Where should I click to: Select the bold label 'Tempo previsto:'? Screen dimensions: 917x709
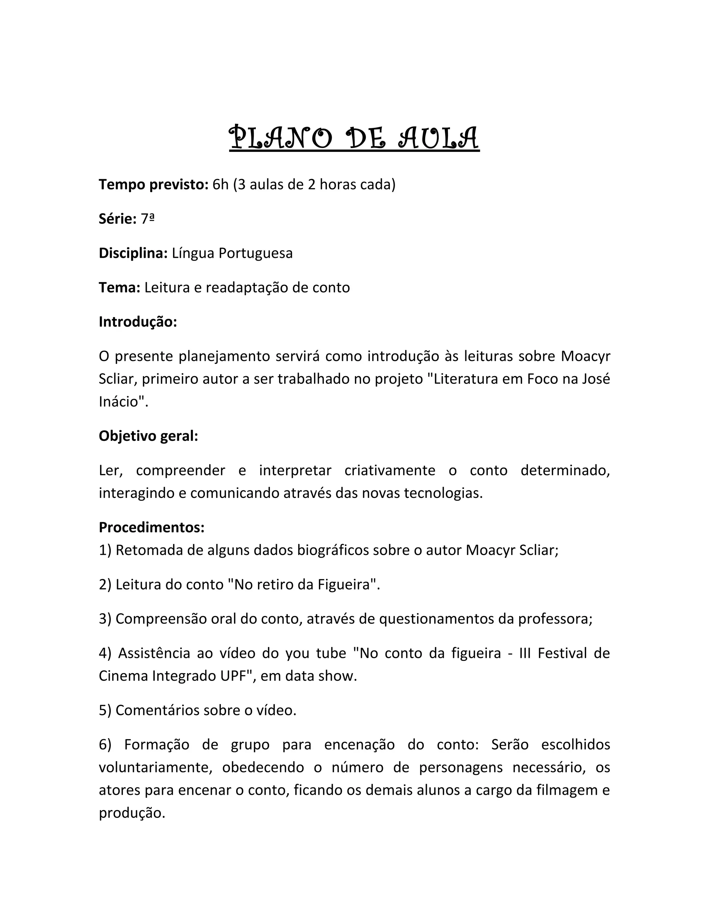[x=153, y=184]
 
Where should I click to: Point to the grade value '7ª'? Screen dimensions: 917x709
[x=147, y=219]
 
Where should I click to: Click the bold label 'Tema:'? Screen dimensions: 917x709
[x=119, y=288]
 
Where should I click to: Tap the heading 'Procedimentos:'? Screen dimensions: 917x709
[x=152, y=527]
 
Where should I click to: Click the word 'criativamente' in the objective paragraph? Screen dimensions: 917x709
[x=390, y=470]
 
